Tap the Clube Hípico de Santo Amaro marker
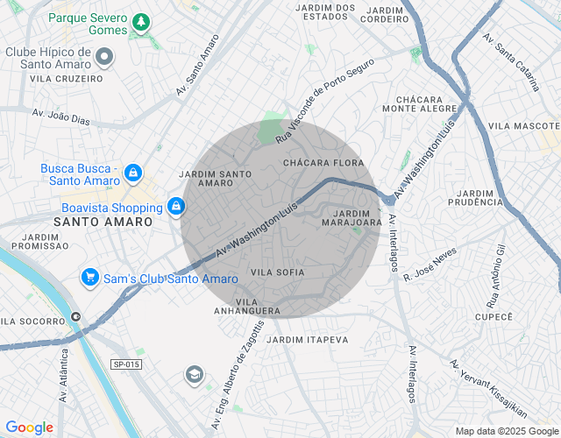pos(105,58)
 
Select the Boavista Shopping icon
pos(176,207)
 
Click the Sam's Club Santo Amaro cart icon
pos(89,278)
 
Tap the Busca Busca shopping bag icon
pos(132,173)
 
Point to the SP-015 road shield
pos(126,364)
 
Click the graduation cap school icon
pos(194,376)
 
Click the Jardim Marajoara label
pos(352,217)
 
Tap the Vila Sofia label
pos(278,272)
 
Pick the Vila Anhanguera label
pos(247,306)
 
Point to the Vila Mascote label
pos(523,126)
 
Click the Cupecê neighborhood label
pos(493,316)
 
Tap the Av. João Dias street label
pos(61,116)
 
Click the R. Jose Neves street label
pos(431,264)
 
